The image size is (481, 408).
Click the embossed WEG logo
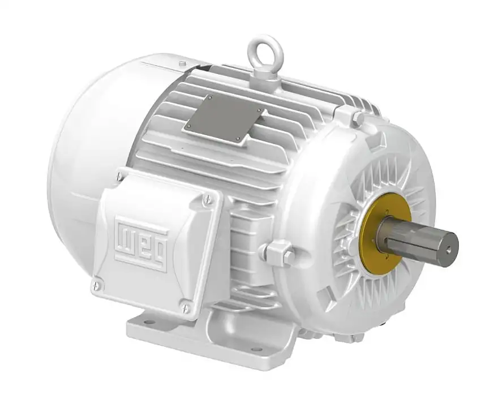[141, 243]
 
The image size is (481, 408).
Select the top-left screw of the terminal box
[120, 177]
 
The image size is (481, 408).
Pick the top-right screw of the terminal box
[207, 199]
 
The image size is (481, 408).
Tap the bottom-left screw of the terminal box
[96, 286]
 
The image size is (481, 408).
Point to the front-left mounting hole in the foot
[148, 323]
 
